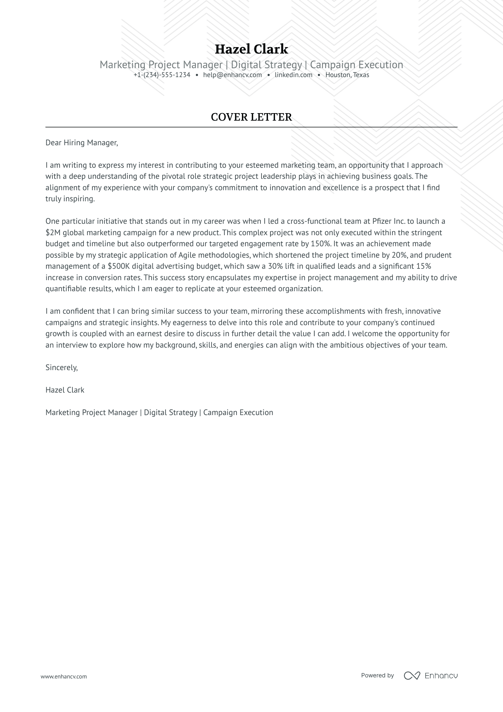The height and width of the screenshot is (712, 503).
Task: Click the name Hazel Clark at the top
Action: pos(251,49)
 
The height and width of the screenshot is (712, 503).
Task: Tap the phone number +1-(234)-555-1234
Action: pos(162,75)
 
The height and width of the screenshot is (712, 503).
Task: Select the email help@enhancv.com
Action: pos(232,75)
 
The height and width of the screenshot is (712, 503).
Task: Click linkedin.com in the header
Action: pos(293,75)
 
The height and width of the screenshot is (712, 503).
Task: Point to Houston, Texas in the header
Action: pos(347,75)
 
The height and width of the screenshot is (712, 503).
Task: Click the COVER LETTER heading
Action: pos(251,117)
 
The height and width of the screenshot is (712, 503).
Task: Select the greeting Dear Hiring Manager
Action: pos(81,143)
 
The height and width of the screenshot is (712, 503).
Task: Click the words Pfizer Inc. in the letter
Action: pos(388,221)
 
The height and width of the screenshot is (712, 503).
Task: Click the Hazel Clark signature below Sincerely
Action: pos(65,390)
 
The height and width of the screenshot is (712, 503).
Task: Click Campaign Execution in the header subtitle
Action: pos(356,65)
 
